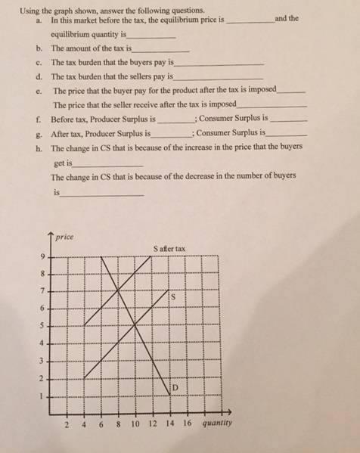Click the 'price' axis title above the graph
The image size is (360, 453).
[65, 237]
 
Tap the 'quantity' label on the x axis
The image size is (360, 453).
[218, 424]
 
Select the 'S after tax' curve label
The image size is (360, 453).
[168, 248]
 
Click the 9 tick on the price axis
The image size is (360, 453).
[42, 257]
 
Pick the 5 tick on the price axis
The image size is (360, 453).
[42, 327]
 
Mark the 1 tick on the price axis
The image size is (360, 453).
[42, 395]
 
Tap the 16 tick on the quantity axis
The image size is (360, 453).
[187, 424]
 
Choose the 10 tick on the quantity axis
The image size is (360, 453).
[135, 424]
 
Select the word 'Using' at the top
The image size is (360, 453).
[30, 10]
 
